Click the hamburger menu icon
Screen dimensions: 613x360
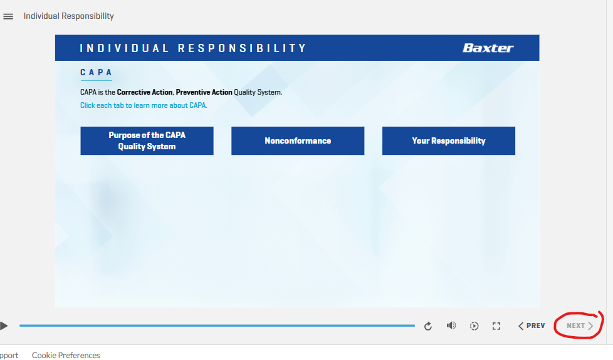click(x=8, y=16)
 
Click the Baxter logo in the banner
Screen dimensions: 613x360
click(x=488, y=48)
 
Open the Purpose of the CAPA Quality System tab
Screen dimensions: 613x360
click(x=147, y=141)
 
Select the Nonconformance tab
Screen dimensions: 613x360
click(x=298, y=141)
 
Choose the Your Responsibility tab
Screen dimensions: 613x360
click(x=449, y=141)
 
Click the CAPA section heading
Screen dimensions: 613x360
click(x=96, y=72)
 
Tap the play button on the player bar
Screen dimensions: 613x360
click(x=4, y=326)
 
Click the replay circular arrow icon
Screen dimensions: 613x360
click(x=428, y=326)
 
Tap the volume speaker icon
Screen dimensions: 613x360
click(x=451, y=326)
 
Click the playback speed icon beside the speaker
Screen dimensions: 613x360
click(x=474, y=326)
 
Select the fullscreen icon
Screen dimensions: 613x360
click(x=496, y=326)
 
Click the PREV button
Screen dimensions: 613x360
click(x=532, y=326)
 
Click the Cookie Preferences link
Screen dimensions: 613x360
click(x=66, y=355)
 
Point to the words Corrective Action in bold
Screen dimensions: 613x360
click(x=145, y=92)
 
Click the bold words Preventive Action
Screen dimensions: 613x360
click(x=204, y=92)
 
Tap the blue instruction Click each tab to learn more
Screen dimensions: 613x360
click(x=144, y=105)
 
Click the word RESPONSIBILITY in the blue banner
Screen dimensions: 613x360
click(x=242, y=48)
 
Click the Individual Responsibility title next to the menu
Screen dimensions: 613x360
click(x=69, y=16)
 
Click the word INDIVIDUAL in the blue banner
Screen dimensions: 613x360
click(x=124, y=48)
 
